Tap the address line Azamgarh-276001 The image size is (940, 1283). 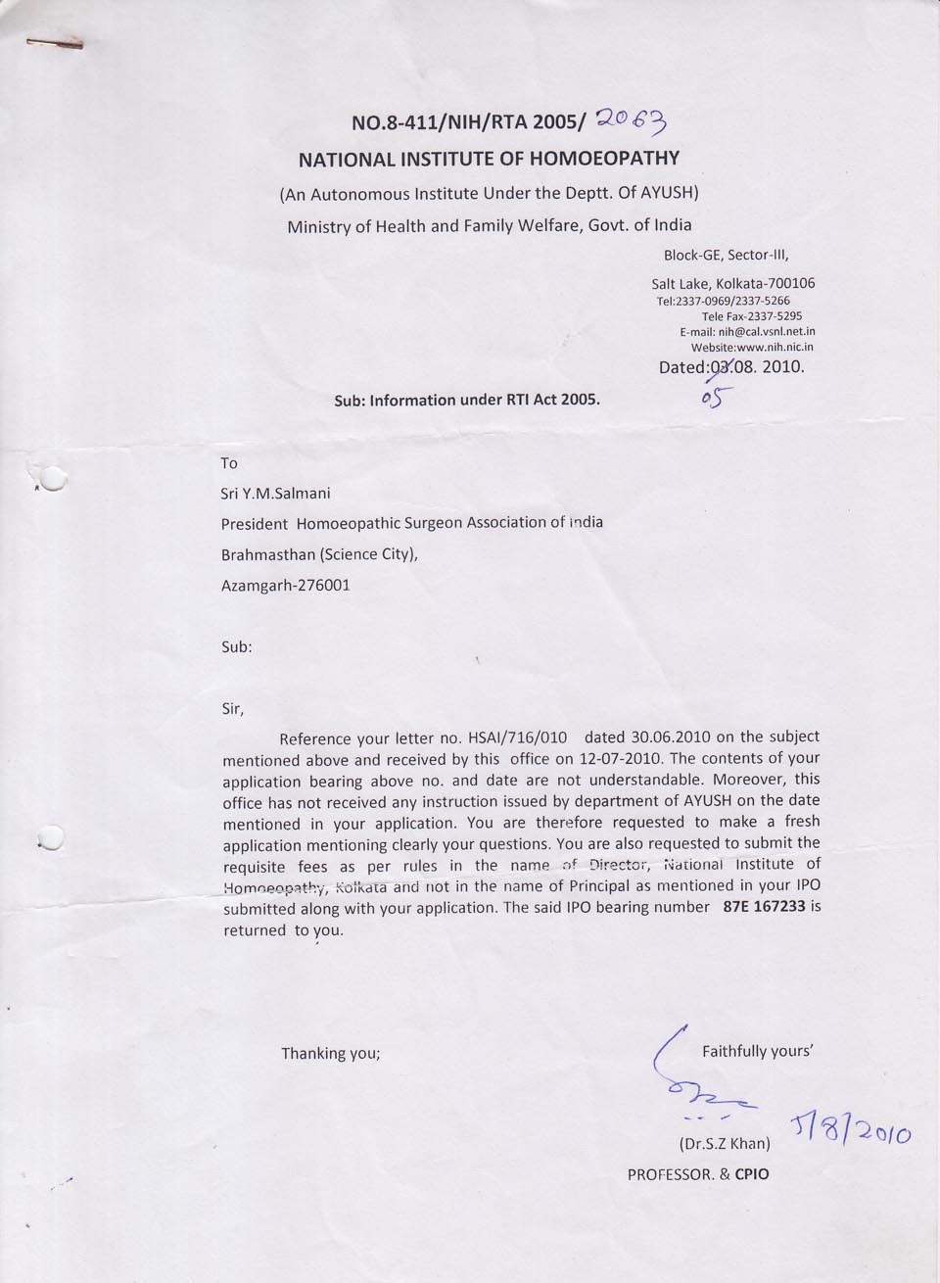286,586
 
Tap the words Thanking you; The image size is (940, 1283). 330,1054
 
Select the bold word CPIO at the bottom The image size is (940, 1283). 752,1173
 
